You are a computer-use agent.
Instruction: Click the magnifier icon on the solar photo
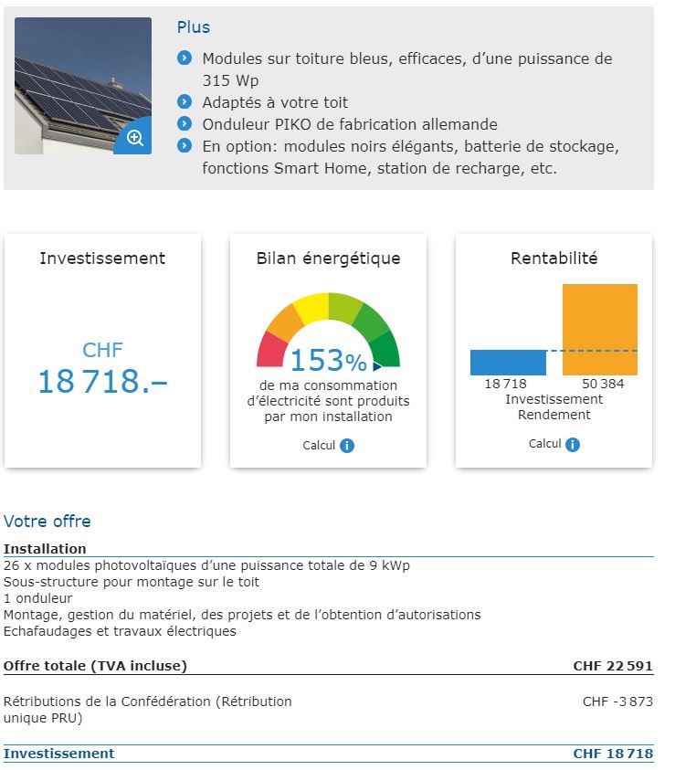pos(134,138)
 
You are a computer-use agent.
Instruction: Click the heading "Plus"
pos(194,27)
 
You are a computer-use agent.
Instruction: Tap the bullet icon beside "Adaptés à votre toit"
pos(185,102)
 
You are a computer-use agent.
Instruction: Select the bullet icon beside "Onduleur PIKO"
pos(185,123)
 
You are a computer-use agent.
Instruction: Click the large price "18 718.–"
pos(102,381)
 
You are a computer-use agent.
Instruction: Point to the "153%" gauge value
pos(328,361)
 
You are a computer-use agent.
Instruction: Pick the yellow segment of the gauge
pos(311,308)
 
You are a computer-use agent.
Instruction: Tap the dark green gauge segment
pos(385,348)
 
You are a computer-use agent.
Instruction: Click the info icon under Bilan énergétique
pos(346,446)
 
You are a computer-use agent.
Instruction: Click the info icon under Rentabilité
pos(573,444)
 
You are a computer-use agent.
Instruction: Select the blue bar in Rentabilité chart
pos(508,363)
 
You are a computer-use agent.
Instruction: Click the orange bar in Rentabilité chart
pos(599,329)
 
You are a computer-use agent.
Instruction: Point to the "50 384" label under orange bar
pos(603,384)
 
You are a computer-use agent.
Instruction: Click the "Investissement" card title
pos(102,258)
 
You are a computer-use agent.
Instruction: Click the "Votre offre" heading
pos(47,522)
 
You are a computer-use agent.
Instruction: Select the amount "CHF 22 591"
pos(612,666)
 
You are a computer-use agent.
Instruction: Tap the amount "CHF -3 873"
pos(617,702)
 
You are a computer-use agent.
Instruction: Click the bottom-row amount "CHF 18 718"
pos(612,754)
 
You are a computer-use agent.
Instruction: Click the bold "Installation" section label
pos(45,549)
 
